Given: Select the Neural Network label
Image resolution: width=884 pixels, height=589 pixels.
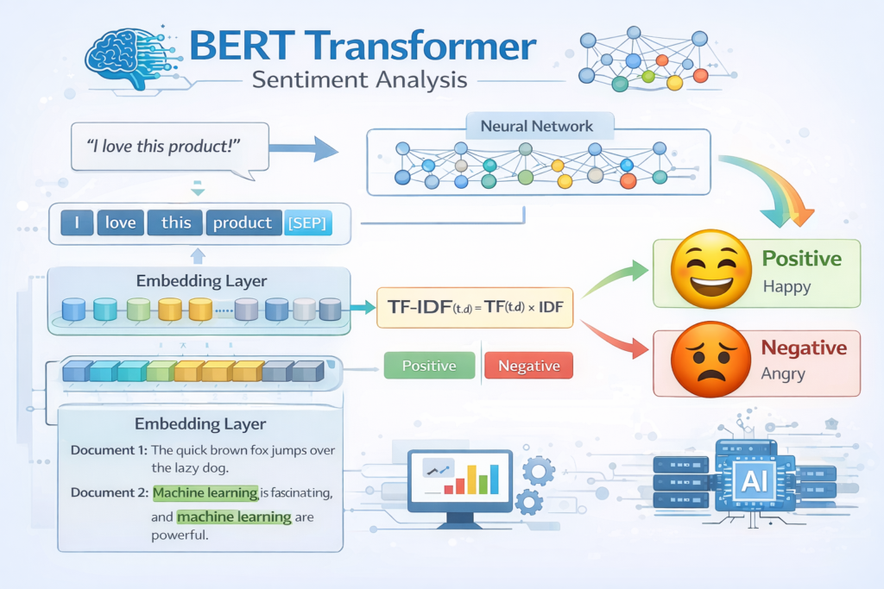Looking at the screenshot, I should coord(537,126).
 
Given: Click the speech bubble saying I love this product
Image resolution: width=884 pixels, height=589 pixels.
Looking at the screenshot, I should coord(164,147).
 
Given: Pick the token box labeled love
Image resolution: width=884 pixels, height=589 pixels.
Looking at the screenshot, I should coord(120,222).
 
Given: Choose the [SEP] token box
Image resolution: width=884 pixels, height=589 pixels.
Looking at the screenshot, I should coord(306,222).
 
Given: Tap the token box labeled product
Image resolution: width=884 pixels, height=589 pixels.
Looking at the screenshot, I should coord(243,222).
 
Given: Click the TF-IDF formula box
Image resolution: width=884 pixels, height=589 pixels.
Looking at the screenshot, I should coord(476,307).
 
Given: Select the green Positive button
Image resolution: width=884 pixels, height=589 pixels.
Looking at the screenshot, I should coord(429,366).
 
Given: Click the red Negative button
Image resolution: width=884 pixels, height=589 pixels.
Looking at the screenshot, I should coord(529,366).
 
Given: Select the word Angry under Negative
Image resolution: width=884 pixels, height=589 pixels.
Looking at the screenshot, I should coord(783,375).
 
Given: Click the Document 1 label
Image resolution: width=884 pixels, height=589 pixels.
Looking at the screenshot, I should coord(109,450).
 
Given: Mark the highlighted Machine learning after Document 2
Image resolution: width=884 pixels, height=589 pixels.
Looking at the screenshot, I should coord(205,492).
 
